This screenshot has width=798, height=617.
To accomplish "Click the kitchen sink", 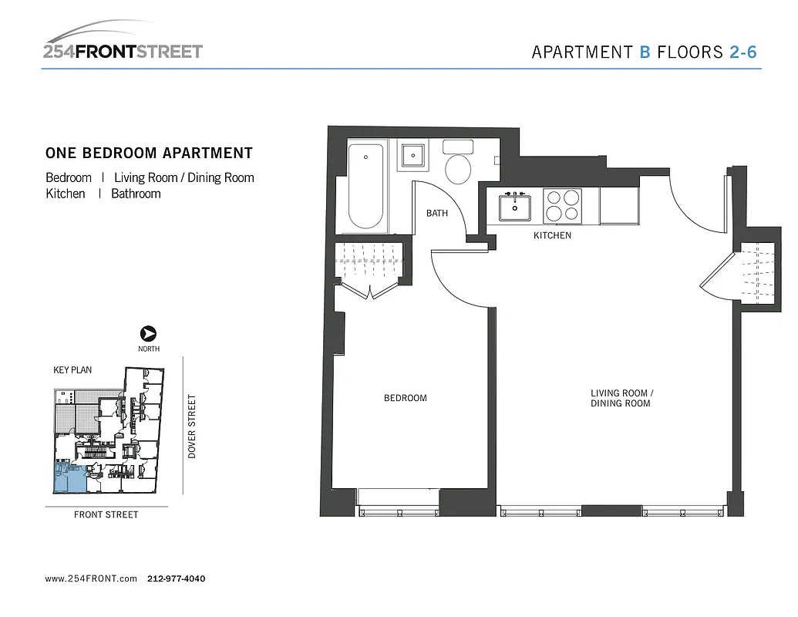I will click(x=514, y=207).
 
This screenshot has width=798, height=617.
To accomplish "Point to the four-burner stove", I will click(x=561, y=206).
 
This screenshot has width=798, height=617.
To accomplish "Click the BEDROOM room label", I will click(x=406, y=398).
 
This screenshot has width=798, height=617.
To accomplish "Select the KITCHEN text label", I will click(x=553, y=235).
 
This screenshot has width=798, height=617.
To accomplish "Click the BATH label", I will click(x=437, y=214).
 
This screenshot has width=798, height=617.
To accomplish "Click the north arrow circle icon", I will click(x=148, y=334).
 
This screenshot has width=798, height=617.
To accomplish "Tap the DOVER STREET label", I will click(x=192, y=427).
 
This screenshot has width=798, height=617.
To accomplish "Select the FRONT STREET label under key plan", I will click(x=106, y=514).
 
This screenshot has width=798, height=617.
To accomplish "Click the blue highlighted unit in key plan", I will click(x=69, y=479).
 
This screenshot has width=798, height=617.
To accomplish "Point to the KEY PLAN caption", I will click(x=72, y=370).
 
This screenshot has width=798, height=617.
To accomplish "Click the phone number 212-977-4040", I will click(x=176, y=578).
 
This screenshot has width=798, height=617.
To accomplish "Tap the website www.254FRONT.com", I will click(x=91, y=578).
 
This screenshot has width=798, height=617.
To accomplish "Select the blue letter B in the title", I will click(x=645, y=52).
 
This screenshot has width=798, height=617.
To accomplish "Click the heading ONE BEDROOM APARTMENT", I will click(x=149, y=153).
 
